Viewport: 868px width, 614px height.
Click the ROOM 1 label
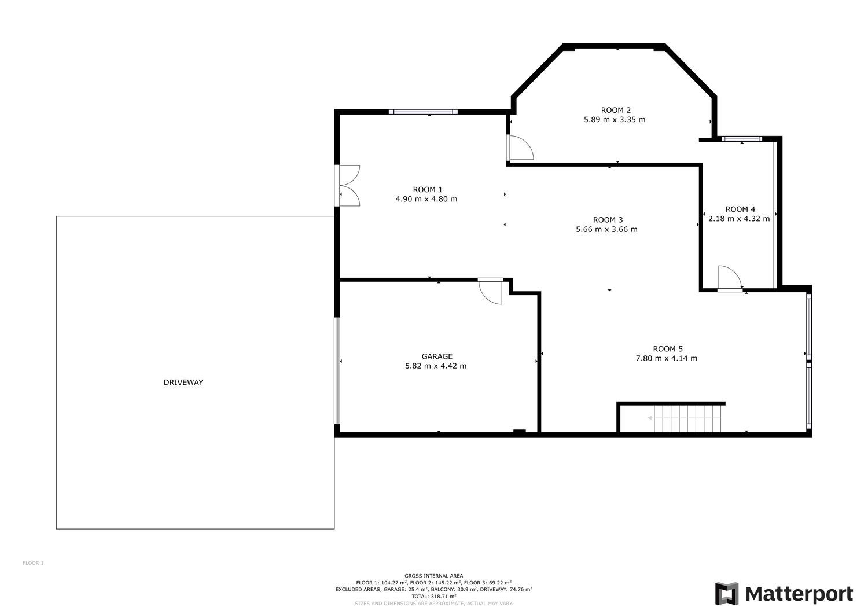click(428, 190)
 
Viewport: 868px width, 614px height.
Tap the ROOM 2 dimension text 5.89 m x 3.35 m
click(615, 120)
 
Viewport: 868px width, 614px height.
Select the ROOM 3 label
click(608, 220)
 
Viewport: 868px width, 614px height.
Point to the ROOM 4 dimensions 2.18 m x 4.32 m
click(739, 219)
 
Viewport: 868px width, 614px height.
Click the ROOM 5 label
click(668, 349)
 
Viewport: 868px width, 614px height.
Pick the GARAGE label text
click(437, 356)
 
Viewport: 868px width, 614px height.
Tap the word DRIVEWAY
click(183, 383)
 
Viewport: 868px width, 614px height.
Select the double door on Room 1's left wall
click(347, 186)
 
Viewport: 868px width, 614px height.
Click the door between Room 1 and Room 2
click(520, 148)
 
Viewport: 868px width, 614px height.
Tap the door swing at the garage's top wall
click(491, 291)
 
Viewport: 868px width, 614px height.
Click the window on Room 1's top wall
click(423, 112)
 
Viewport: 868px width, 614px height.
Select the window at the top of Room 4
click(742, 139)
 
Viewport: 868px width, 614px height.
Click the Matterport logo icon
click(727, 593)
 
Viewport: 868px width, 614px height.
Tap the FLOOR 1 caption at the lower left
click(34, 563)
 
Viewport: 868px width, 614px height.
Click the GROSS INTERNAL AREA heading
click(433, 576)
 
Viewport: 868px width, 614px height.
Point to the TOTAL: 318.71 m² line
click(433, 597)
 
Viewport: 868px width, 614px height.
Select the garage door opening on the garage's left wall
click(337, 371)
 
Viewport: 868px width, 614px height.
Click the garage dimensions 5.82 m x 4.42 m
click(436, 366)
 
